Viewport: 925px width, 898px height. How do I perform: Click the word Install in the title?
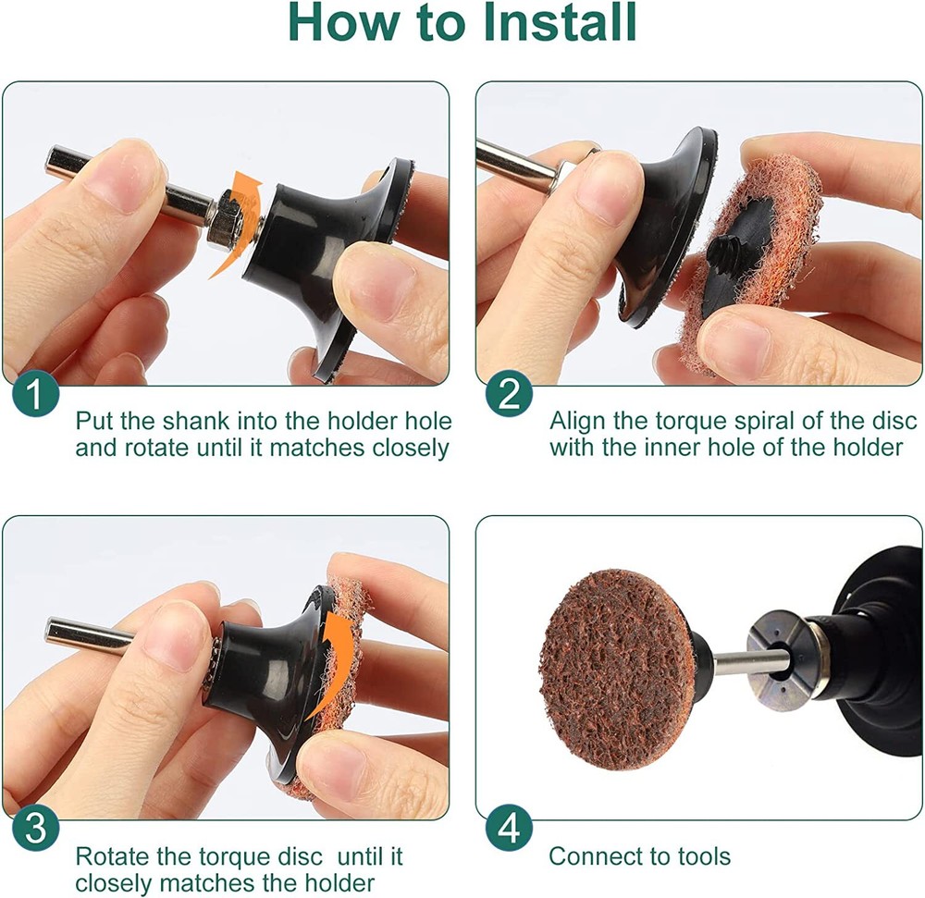coord(560,22)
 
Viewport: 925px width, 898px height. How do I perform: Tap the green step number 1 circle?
coord(36,394)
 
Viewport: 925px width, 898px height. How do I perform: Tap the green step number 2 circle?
coord(509,394)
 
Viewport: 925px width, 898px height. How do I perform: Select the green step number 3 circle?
coord(36,828)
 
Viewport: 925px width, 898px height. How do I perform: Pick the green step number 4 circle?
coord(509,828)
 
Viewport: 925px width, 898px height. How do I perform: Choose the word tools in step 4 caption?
coord(704,856)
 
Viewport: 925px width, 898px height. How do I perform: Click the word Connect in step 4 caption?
coord(595,856)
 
